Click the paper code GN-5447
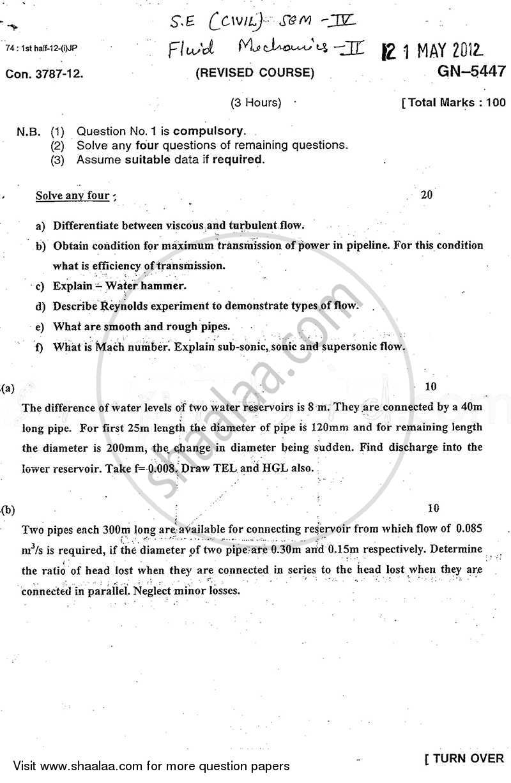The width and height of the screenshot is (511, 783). (471, 72)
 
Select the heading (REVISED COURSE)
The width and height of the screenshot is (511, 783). (255, 73)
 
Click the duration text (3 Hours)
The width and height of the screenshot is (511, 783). (256, 102)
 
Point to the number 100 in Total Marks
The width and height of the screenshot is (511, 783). (493, 102)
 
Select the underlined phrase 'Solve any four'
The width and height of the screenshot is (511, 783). (72, 195)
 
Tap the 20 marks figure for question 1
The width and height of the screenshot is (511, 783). (427, 195)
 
